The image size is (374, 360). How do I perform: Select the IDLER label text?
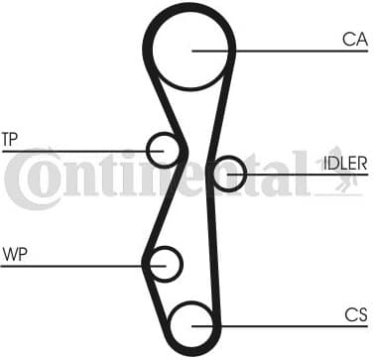344,163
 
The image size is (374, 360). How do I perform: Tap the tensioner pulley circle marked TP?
162,150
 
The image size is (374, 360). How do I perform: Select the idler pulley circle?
228,174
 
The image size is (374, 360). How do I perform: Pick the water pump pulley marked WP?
163,264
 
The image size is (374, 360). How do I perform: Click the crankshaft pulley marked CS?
191,323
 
